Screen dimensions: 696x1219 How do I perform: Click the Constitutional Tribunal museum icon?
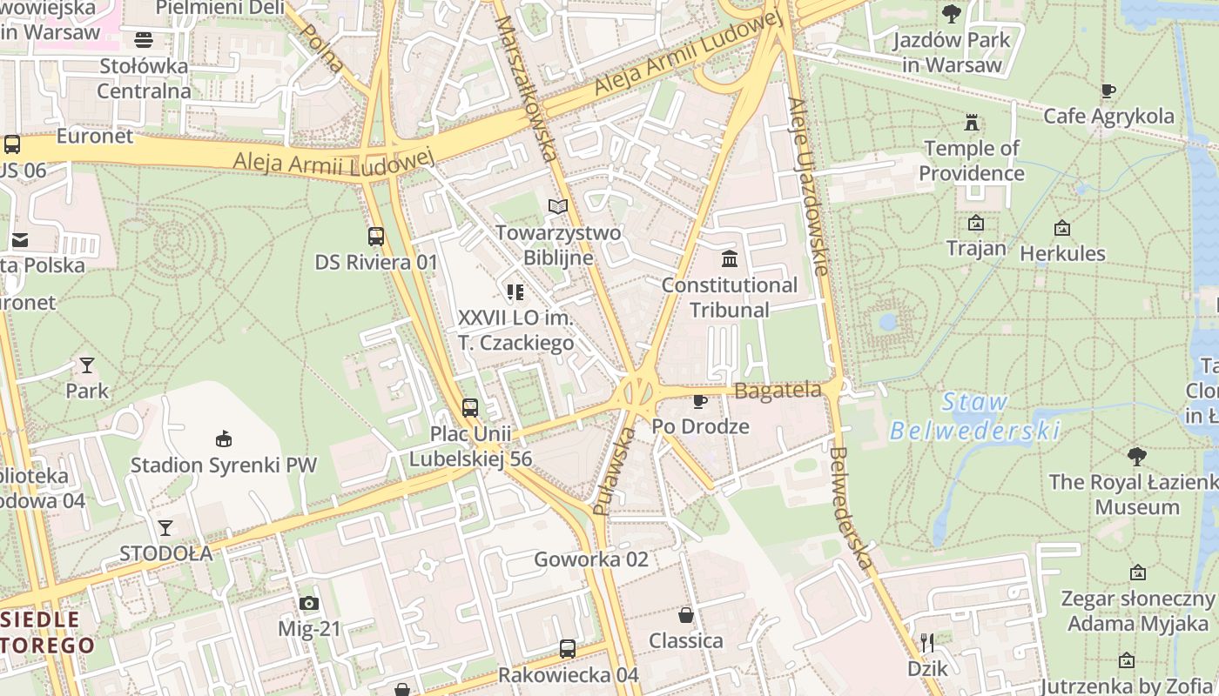[x=730, y=259]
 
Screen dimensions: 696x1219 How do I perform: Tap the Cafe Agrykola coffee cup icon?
[x=1108, y=90]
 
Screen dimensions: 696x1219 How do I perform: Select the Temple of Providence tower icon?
[x=972, y=123]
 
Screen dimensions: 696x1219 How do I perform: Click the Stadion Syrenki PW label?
[x=224, y=465]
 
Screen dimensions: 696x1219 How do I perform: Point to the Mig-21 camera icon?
[x=308, y=603]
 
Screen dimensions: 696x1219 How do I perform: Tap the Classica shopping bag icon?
[x=686, y=615]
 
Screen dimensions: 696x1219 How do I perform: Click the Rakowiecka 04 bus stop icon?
[x=568, y=648]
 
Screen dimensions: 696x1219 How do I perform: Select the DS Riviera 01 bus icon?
[x=376, y=236]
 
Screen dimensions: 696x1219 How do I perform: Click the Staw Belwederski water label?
[x=975, y=417]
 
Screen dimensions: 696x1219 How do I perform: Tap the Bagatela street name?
[x=778, y=391]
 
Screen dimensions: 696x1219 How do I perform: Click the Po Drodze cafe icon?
[x=699, y=401]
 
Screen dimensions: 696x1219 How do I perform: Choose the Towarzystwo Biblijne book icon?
[x=558, y=206]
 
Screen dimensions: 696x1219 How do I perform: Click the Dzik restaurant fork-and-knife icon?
[x=927, y=643]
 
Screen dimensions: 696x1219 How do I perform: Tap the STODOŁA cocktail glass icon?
[x=165, y=527]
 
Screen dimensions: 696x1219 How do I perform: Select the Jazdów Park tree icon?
[x=952, y=13]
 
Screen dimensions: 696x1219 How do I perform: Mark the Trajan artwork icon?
[x=976, y=224]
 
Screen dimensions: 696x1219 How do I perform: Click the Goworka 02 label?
[x=591, y=559]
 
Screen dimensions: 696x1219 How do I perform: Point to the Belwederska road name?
[x=852, y=509]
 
